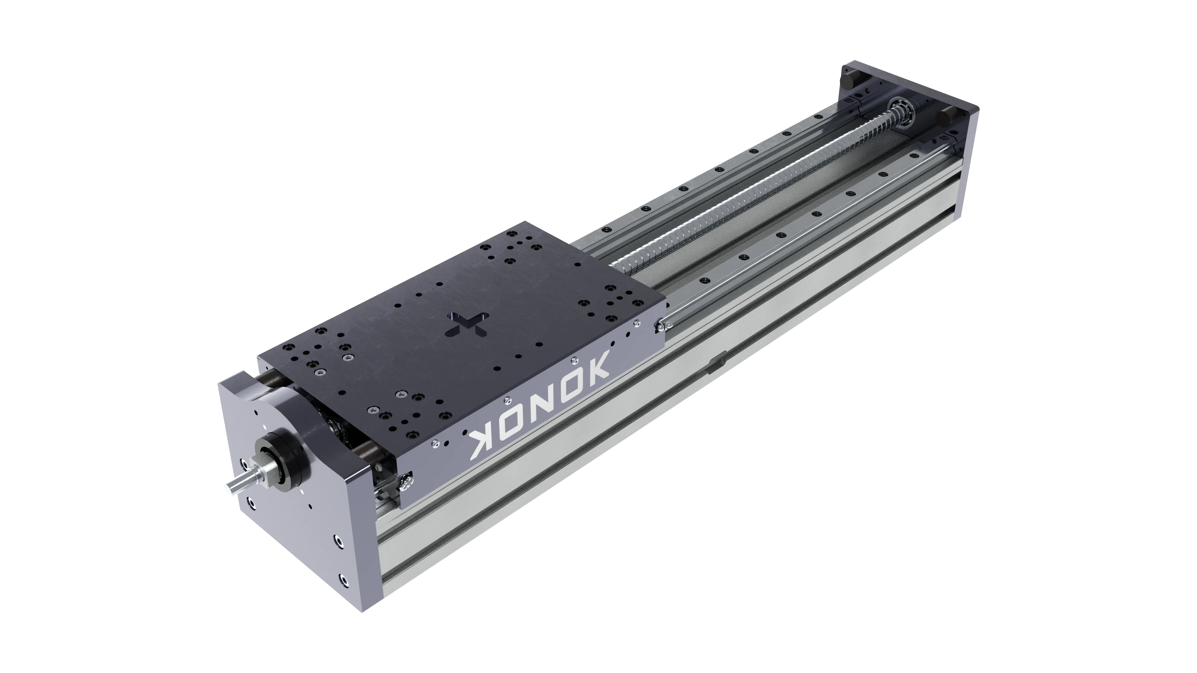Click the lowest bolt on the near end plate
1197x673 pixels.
[343, 579]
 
